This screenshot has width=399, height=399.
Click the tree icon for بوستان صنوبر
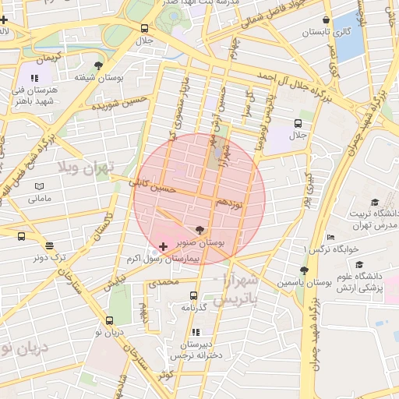199,230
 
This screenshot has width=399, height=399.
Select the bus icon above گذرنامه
193,295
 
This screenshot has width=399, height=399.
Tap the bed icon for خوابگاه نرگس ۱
331,237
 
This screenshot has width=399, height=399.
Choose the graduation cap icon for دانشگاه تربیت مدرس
375,202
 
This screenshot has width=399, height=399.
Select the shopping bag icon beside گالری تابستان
325,20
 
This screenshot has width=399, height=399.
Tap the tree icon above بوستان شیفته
97,65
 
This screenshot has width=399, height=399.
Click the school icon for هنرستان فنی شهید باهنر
34,78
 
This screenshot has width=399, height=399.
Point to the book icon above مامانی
39,186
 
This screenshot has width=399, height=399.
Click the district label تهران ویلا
86,168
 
